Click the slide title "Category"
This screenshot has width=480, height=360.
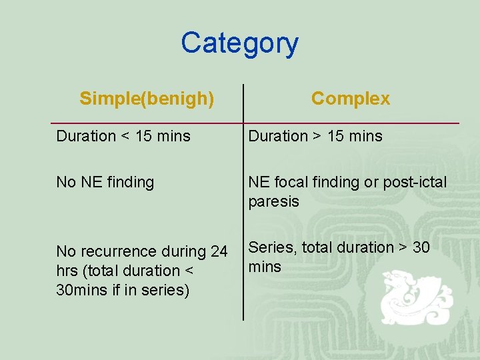(239, 43)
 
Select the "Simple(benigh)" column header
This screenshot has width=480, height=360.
(147, 99)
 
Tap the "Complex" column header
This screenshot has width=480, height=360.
(350, 99)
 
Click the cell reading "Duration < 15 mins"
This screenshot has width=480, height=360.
(123, 136)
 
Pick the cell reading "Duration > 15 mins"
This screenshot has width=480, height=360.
(315, 136)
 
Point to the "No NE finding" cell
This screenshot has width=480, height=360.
(105, 182)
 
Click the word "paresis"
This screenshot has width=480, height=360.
(274, 201)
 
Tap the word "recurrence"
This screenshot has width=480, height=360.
(117, 252)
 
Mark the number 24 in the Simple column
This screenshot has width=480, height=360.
(219, 252)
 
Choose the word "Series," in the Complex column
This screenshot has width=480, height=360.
(273, 247)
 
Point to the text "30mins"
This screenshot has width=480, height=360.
(79, 291)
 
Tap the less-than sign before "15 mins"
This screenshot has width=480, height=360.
(125, 137)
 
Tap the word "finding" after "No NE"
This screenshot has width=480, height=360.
(130, 182)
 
